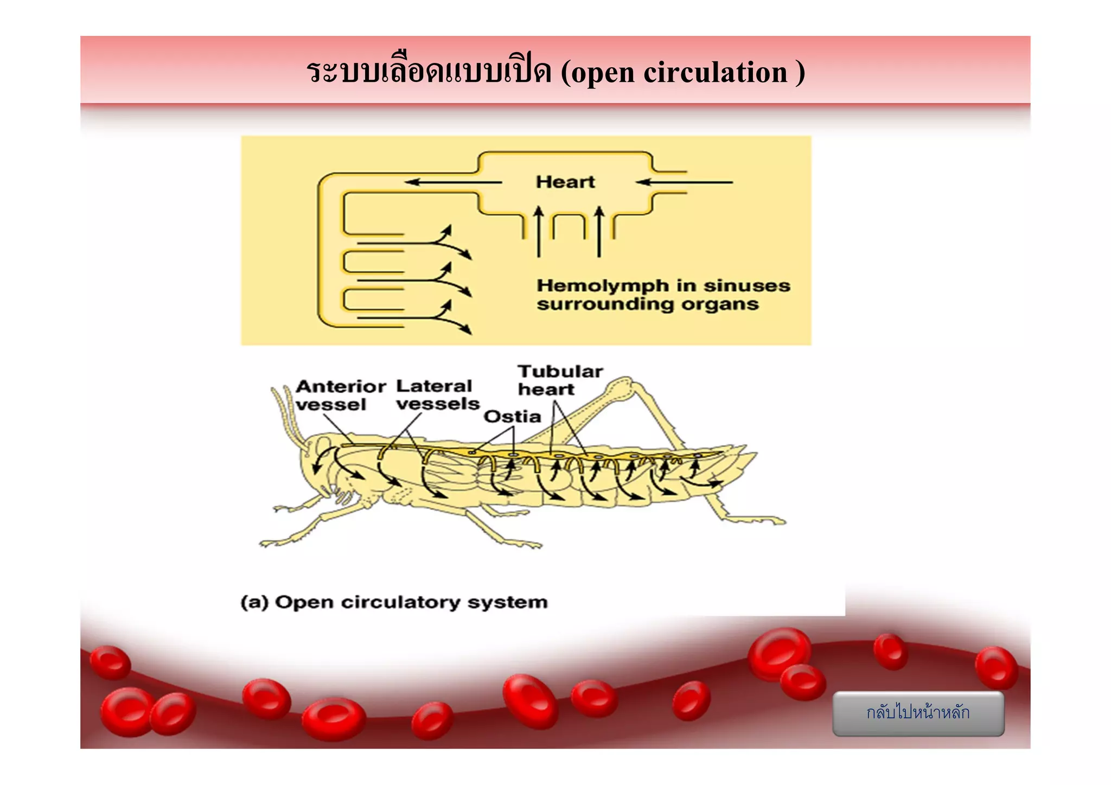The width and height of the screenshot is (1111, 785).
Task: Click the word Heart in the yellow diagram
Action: point(565,182)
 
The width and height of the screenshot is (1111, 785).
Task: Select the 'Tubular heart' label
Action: point(560,380)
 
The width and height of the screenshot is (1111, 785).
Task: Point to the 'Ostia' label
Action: point(512,417)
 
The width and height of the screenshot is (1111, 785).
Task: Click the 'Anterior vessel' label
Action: point(340,395)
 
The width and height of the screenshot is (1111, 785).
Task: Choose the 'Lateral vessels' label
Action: point(437,395)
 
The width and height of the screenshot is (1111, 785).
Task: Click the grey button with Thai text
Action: point(918,713)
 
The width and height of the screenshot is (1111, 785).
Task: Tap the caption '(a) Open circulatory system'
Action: point(394,602)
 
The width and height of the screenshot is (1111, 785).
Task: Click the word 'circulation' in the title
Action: point(715,72)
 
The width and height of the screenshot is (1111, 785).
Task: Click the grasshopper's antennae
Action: point(288,412)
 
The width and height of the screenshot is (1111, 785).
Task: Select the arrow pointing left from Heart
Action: point(453,182)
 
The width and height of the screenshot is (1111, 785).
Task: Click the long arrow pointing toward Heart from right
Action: point(685,182)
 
